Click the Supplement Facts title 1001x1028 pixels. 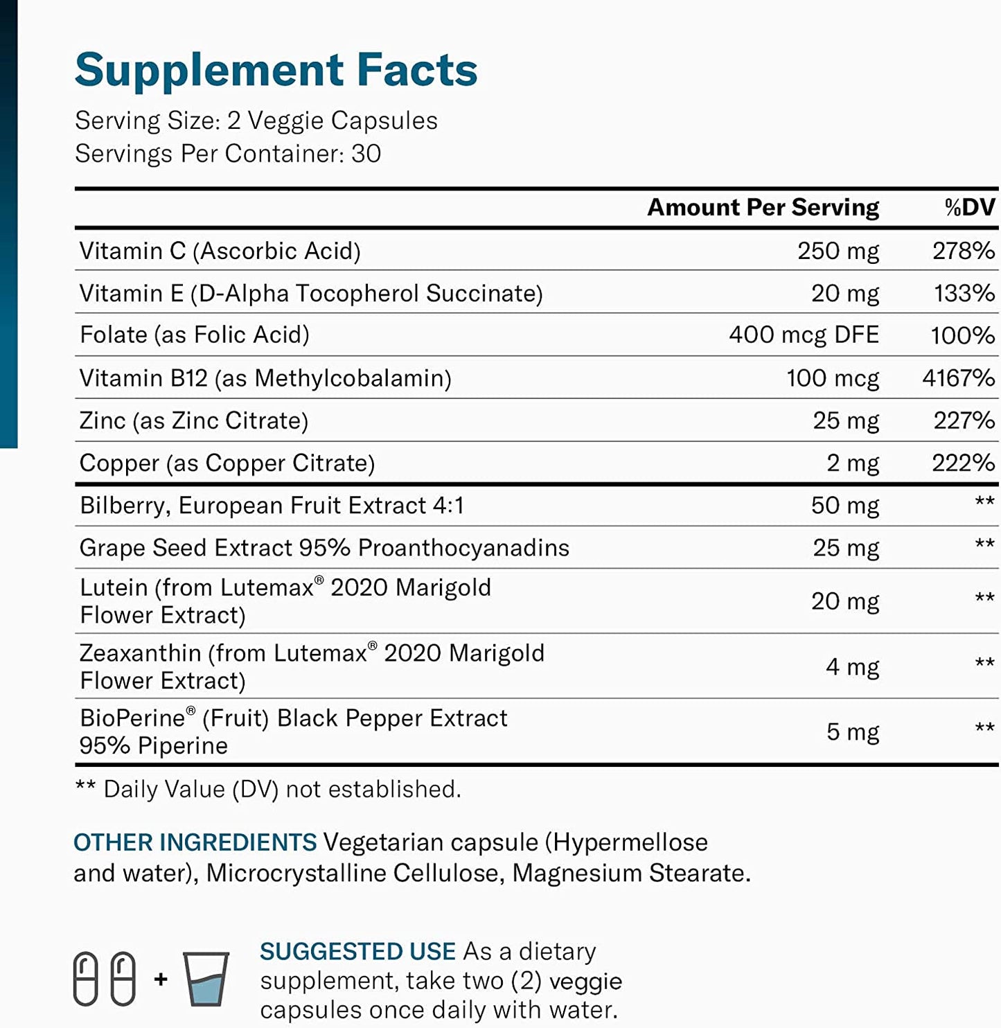click(x=276, y=70)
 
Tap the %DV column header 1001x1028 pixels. click(x=969, y=207)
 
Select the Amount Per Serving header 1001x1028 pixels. click(x=763, y=207)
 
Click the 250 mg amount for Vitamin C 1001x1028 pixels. click(x=838, y=251)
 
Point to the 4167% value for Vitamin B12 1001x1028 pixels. click(x=958, y=378)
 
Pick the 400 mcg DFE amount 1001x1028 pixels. click(x=803, y=335)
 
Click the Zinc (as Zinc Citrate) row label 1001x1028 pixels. click(x=194, y=420)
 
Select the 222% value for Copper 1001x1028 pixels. click(x=963, y=463)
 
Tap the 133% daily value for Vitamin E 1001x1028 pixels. click(x=964, y=293)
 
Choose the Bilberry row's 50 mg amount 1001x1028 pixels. click(x=844, y=506)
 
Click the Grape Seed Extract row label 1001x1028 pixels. click(x=324, y=548)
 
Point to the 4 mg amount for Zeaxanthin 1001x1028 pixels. click(x=852, y=667)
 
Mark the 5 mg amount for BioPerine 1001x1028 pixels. click(x=852, y=732)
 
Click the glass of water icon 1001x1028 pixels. click(x=206, y=978)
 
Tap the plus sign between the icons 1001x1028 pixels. click(x=161, y=979)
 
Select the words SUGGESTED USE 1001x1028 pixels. click(x=357, y=951)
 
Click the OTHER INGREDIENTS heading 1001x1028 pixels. click(x=195, y=842)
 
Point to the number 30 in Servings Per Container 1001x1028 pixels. click(x=366, y=154)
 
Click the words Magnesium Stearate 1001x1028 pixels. click(x=630, y=873)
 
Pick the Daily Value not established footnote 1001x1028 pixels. click(x=268, y=789)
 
